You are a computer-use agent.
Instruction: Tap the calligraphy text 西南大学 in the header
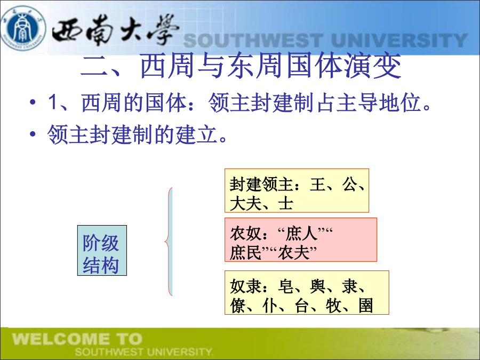[x=115, y=30]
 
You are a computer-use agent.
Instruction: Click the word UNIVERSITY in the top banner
[x=399, y=41]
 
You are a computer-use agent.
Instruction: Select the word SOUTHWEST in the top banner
[x=253, y=41]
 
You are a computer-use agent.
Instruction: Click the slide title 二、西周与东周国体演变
[x=241, y=66]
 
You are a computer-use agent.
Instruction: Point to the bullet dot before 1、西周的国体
[x=33, y=102]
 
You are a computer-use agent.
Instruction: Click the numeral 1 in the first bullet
[x=52, y=102]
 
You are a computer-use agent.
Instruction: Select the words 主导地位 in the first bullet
[x=378, y=102]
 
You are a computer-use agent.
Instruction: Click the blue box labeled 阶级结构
[x=102, y=251]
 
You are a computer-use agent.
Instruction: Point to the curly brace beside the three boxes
[x=169, y=241]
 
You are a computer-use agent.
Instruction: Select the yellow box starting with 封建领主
[x=297, y=190]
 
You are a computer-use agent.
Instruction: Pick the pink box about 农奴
[x=301, y=239]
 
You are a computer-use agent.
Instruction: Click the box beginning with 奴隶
[x=307, y=292]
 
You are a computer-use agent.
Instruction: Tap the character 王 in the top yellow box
[x=317, y=185]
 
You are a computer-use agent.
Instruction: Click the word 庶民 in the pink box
[x=245, y=253]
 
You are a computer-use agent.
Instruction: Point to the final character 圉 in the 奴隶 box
[x=365, y=306]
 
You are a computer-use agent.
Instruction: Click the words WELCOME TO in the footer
[x=77, y=339]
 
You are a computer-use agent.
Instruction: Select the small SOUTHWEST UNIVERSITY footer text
[x=143, y=352]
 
